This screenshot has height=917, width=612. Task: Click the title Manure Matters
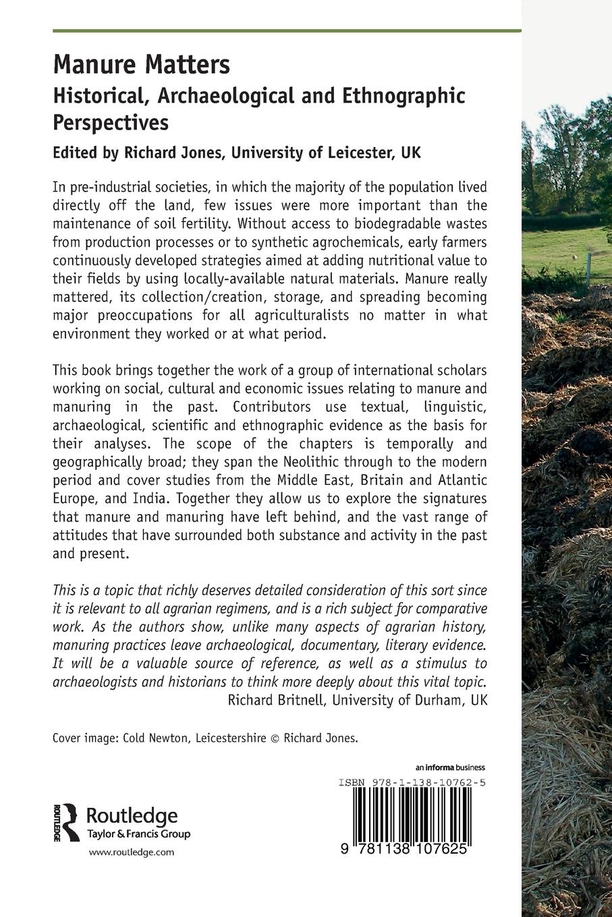pos(141,65)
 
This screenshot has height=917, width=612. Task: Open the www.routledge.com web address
pos(132,852)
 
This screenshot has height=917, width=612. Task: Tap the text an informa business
pos(450,767)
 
